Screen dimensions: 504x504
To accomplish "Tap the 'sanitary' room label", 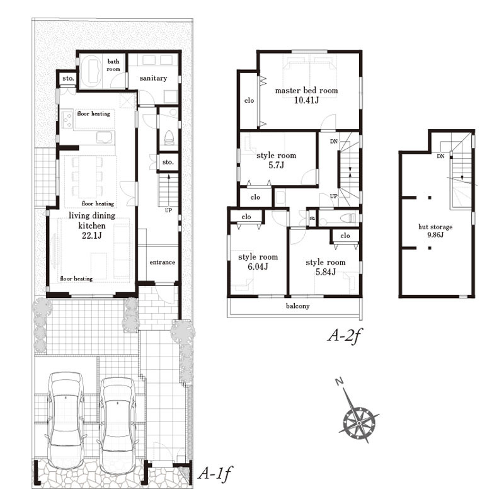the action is (x=153, y=78).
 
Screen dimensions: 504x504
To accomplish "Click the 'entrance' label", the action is (x=163, y=262).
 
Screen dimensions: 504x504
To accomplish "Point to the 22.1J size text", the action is (x=92, y=236).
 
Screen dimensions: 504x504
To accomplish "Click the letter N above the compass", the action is (x=339, y=382).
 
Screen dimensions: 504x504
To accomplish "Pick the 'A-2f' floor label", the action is (x=344, y=336).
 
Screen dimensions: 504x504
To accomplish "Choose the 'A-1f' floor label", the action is (x=214, y=473).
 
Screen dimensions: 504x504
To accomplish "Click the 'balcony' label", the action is (x=297, y=306).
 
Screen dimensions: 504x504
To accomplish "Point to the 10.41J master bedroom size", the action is (x=306, y=100).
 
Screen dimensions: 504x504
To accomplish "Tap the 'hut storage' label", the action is (x=435, y=227).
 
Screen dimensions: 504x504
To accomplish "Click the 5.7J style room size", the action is (x=276, y=166).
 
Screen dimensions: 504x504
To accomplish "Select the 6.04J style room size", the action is (x=258, y=266).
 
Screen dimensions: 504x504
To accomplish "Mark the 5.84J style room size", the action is (x=325, y=272).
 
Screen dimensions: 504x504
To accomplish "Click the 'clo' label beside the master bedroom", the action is (x=249, y=101).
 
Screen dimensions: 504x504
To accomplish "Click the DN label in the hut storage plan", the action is (x=440, y=156).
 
